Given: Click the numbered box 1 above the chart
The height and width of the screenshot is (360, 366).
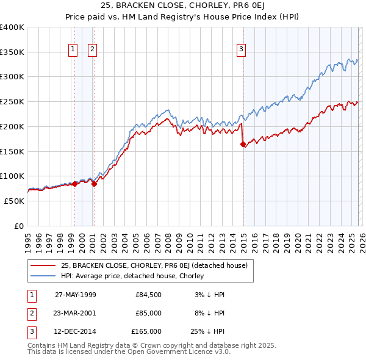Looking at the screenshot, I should coord(73,49).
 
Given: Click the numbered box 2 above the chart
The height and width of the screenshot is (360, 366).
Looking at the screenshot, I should coord(93,49).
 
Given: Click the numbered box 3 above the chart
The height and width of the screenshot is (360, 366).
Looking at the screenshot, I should coord(241,49).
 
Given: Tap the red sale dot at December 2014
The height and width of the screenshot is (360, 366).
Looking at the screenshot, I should coord(243,144).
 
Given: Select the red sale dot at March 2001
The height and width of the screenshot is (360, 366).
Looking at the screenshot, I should coord(95,184).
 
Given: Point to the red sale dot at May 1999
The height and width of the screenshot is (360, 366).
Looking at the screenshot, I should coord(74,184).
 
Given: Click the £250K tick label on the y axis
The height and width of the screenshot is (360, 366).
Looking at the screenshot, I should coord(12,102).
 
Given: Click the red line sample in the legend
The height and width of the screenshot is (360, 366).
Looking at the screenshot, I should coord(43,265).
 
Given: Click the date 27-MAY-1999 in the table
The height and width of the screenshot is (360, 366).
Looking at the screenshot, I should coord(76,295).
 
